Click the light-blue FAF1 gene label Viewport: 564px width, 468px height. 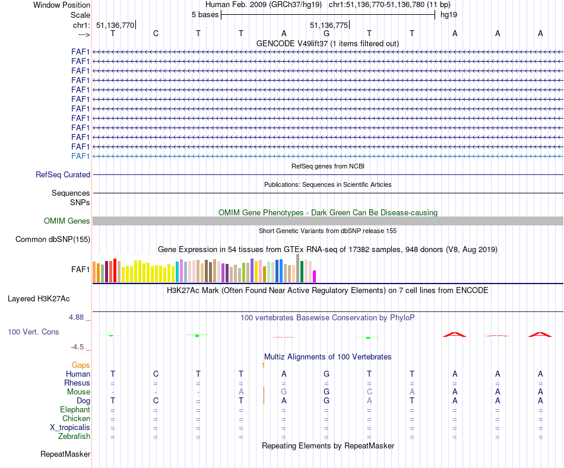[x=80, y=156]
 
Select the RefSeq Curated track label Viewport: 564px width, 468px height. [x=63, y=175]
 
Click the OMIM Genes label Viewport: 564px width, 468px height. [x=67, y=221]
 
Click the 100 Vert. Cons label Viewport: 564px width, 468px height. [x=33, y=332]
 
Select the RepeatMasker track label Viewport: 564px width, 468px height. [x=65, y=454]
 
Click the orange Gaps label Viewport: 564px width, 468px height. [x=81, y=365]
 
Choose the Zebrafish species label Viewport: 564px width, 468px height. [x=74, y=437]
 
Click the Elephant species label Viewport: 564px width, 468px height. [x=75, y=410]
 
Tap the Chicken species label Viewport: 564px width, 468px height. [x=76, y=419]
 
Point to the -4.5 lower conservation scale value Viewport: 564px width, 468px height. [x=78, y=347]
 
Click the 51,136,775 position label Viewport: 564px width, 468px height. [x=329, y=26]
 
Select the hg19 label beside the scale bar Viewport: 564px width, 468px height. [x=448, y=14]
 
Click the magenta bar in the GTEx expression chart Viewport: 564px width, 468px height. [x=315, y=276]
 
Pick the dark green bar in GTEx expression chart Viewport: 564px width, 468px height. [x=302, y=271]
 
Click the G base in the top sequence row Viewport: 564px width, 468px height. [x=326, y=33]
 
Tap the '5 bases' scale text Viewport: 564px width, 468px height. [x=205, y=14]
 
